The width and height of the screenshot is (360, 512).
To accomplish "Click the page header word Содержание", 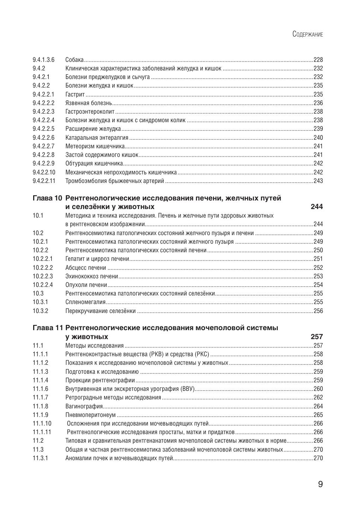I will tap(308, 34).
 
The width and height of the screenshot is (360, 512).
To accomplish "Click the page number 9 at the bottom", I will tap(320, 484).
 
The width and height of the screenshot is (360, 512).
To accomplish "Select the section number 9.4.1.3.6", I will tap(43, 60).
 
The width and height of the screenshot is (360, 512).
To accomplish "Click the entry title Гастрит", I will tap(75, 94).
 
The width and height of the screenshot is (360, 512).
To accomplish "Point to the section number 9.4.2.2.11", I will tap(44, 181).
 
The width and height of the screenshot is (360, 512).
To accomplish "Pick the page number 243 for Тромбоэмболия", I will tap(318, 181).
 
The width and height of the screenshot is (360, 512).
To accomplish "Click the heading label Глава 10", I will tap(47, 198).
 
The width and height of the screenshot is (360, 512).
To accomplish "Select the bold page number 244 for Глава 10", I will tap(317, 207).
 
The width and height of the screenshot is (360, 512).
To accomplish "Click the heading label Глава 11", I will tap(47, 328).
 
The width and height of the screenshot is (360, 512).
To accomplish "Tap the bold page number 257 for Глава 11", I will tap(317, 337).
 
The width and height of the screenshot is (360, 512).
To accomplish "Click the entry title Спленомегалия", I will tap(86, 302).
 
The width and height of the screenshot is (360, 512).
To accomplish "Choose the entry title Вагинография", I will tap(84, 407).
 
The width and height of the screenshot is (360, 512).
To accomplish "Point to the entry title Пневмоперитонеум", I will tap(90, 415).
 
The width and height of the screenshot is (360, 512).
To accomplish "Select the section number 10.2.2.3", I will tap(42, 276).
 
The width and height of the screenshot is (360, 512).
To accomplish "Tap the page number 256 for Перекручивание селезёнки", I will tap(318, 311).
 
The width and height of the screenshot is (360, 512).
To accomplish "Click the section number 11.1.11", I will tap(42, 432).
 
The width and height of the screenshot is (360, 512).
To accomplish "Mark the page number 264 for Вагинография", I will tap(318, 407).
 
